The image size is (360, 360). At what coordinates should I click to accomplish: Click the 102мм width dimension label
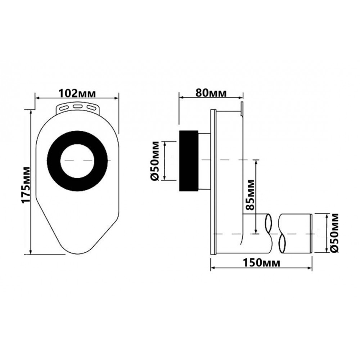[x=77, y=93]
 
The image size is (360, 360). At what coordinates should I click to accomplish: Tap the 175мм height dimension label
[x=26, y=185]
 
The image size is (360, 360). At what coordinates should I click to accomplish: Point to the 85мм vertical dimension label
[x=250, y=195]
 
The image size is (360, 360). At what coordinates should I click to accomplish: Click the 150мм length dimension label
[x=262, y=263]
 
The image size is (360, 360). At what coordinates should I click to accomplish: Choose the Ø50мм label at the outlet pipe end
[x=334, y=233]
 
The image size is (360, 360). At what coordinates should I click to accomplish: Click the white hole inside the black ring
[x=77, y=161]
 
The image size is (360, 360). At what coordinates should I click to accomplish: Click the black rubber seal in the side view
[x=189, y=161]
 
